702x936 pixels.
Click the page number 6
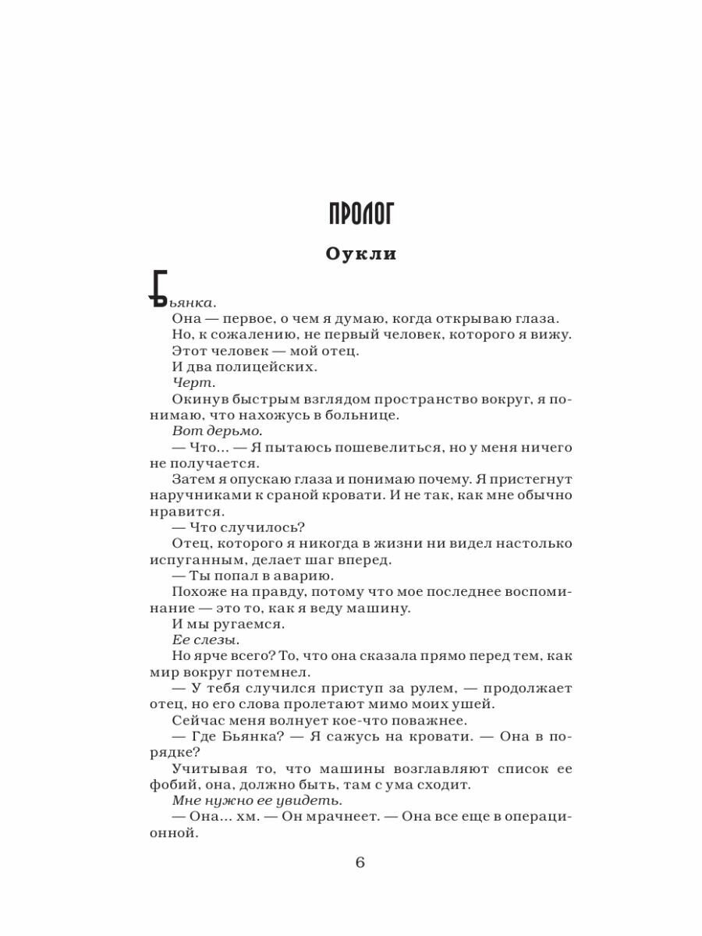[x=360, y=862]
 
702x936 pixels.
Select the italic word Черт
[x=192, y=382]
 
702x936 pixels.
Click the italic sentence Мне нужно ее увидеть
[x=257, y=800]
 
